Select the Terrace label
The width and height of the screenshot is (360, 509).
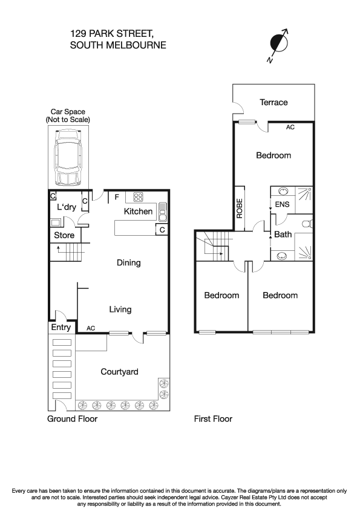[x=273, y=103]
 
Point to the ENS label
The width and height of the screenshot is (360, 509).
[x=282, y=205]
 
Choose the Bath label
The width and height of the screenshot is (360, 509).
[x=283, y=234]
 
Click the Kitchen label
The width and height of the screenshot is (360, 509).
[x=139, y=212]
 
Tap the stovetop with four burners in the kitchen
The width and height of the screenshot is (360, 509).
[x=137, y=196]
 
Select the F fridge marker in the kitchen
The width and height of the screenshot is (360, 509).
[x=116, y=196]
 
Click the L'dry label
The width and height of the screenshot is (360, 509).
[x=67, y=207]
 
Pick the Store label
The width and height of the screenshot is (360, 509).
[x=64, y=235]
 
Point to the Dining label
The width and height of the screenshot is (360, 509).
[x=128, y=263]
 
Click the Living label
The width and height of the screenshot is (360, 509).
[x=120, y=310]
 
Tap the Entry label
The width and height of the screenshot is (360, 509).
[x=61, y=328]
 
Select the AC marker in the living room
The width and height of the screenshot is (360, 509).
[x=91, y=328]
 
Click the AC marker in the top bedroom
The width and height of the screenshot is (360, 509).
[x=290, y=128]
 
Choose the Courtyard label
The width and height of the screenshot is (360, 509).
[x=119, y=372]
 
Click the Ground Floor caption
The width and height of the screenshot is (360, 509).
[x=72, y=418]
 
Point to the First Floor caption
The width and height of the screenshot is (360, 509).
[x=213, y=418]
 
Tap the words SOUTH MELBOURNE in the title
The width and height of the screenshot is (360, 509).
[x=118, y=45]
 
